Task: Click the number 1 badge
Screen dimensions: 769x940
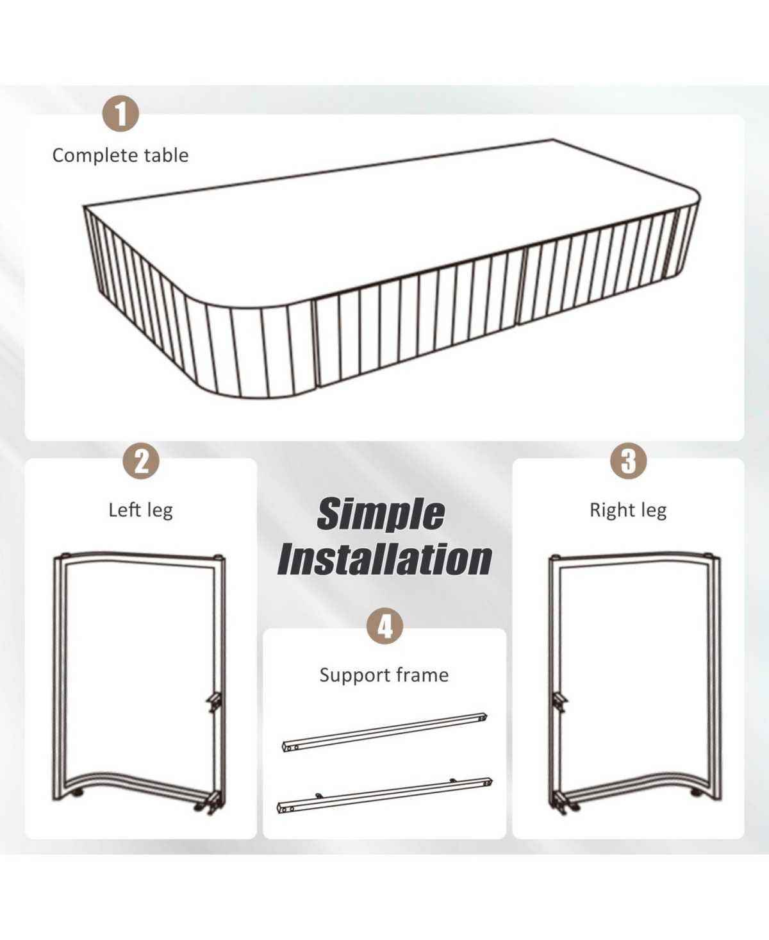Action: coord(120,113)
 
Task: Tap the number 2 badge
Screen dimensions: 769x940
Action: coord(141,461)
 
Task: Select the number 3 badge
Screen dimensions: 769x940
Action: coord(628,461)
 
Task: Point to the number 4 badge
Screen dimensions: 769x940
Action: coord(385,626)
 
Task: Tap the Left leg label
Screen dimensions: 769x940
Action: coord(141,510)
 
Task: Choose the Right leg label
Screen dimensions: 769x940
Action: coord(628,510)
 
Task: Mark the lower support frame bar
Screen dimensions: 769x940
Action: coord(384,795)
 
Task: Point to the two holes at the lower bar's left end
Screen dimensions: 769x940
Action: coord(289,809)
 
